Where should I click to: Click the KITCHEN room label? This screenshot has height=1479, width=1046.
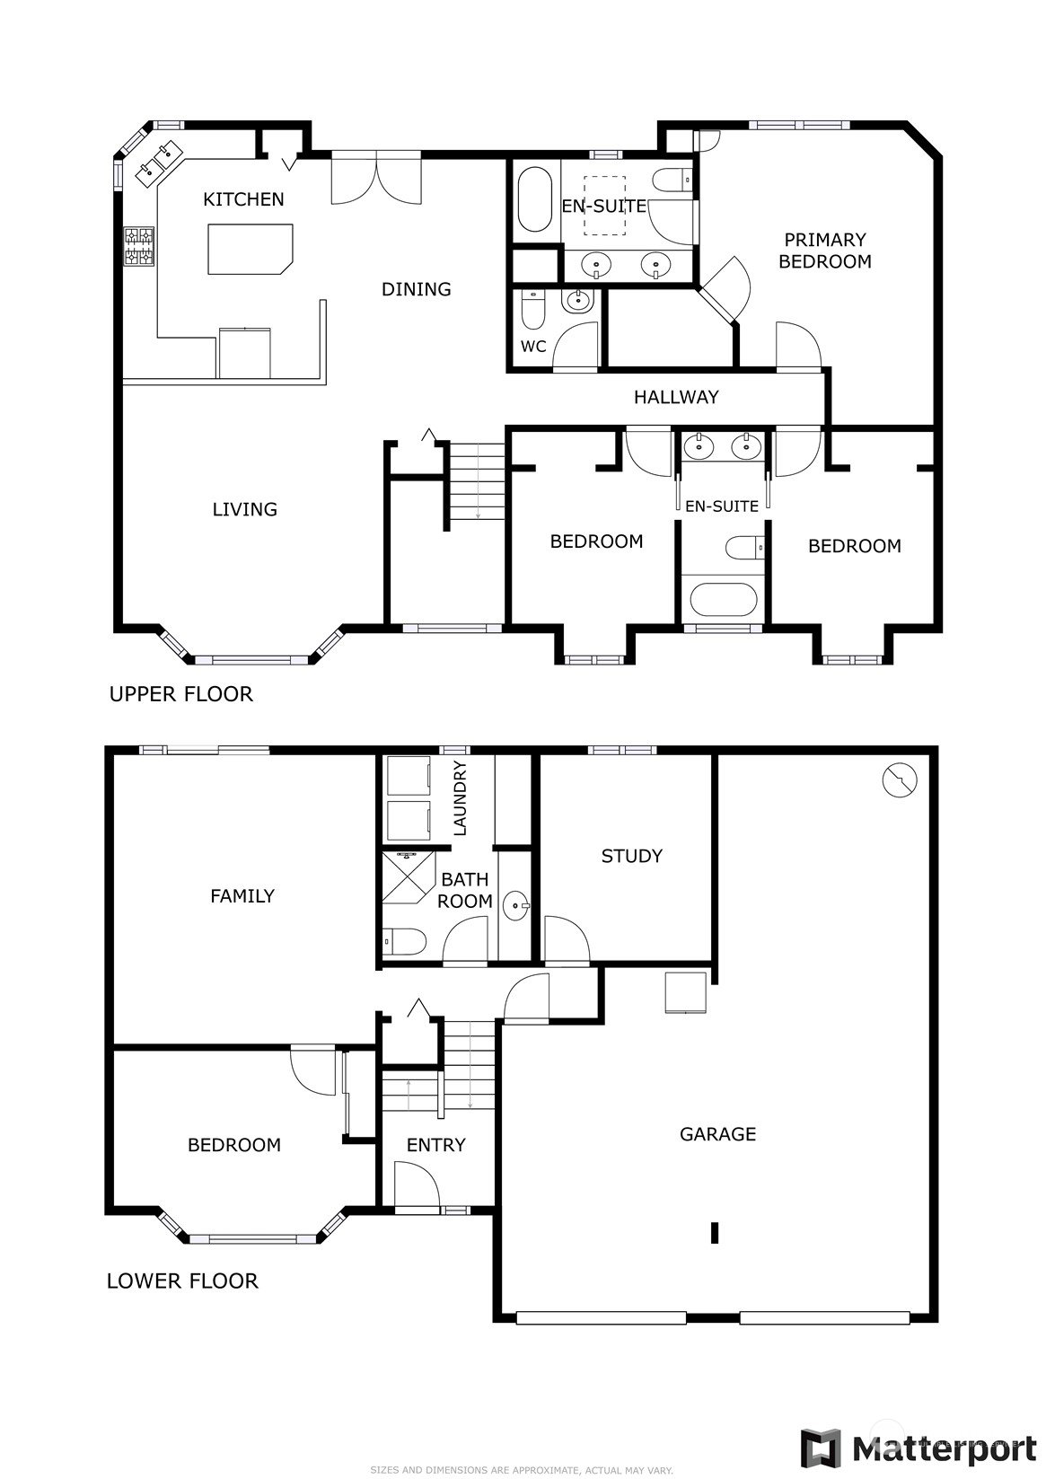243,199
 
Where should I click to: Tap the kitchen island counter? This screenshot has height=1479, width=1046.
251,249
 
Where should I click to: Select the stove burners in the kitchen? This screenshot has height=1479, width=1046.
139,246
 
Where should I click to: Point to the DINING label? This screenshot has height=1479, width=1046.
416,289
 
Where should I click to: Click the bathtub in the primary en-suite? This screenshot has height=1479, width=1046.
535,199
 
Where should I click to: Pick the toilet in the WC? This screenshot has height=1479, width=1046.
532,309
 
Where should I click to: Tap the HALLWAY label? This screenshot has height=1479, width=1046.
676,397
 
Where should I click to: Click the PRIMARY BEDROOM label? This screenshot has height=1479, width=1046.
825,251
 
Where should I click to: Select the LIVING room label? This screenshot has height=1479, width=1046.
244,509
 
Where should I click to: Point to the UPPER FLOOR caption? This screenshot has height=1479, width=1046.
181,694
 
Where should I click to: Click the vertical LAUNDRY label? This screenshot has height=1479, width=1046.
461,798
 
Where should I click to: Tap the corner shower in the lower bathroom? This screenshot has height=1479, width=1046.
409,877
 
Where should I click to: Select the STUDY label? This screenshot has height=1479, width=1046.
631,856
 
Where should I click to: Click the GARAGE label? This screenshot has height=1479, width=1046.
717,1133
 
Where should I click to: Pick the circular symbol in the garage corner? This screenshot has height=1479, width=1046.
900,779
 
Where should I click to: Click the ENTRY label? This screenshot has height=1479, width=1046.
435,1144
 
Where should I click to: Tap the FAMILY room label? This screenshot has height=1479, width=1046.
242,895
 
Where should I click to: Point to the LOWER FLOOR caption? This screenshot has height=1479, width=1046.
182,1281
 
